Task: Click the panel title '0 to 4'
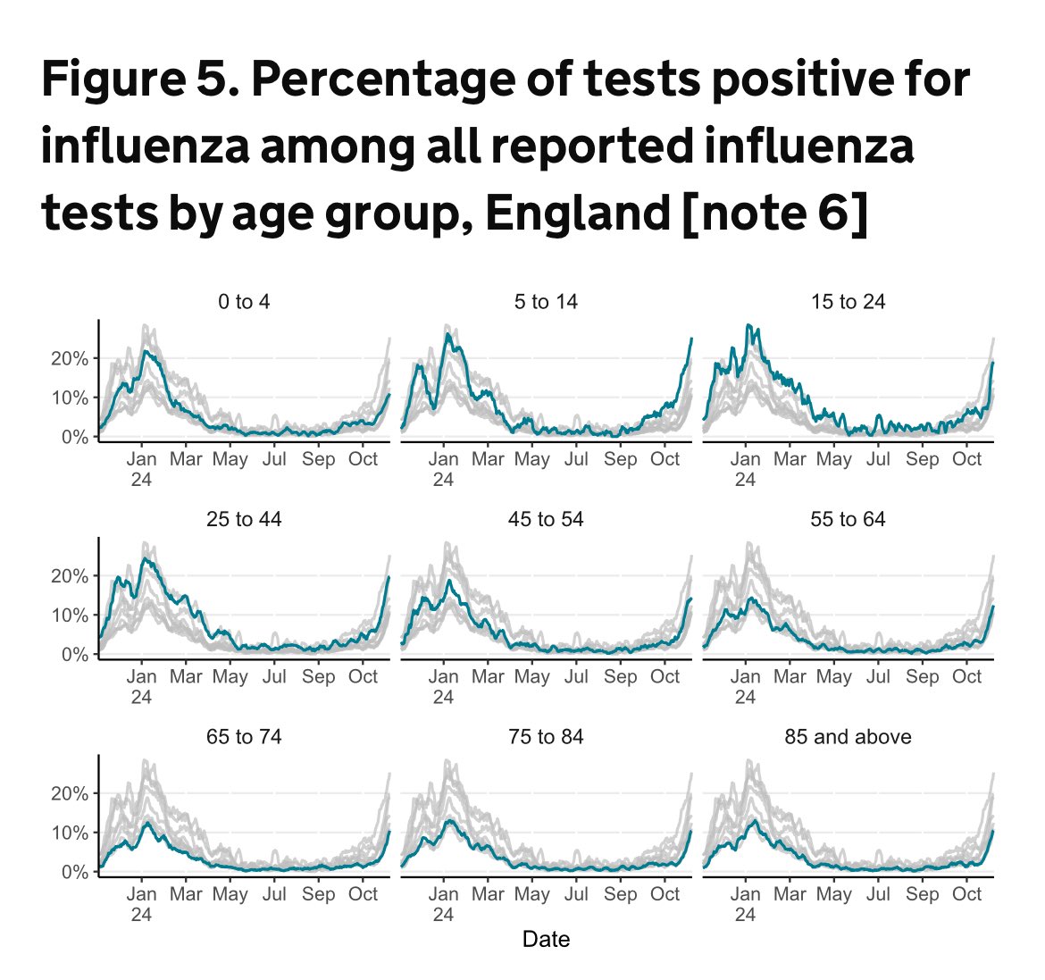coord(243,302)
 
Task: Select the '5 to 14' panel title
coord(546,302)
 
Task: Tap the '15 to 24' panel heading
coord(848,302)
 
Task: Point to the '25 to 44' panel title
coord(243,519)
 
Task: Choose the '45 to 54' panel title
coord(546,519)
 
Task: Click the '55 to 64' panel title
coord(848,519)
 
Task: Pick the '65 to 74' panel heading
coord(243,737)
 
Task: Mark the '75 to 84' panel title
coord(546,737)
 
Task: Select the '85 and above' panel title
coord(848,737)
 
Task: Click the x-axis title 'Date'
coord(546,939)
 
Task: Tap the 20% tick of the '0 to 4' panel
coord(68,358)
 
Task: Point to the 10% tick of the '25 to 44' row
coord(68,616)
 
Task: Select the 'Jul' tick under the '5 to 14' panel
coord(576,459)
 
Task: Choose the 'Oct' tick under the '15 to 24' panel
coord(966,459)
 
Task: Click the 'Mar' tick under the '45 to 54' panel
coord(488,676)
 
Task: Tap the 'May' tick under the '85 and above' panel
coord(833,894)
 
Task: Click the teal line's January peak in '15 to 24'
coord(748,326)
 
